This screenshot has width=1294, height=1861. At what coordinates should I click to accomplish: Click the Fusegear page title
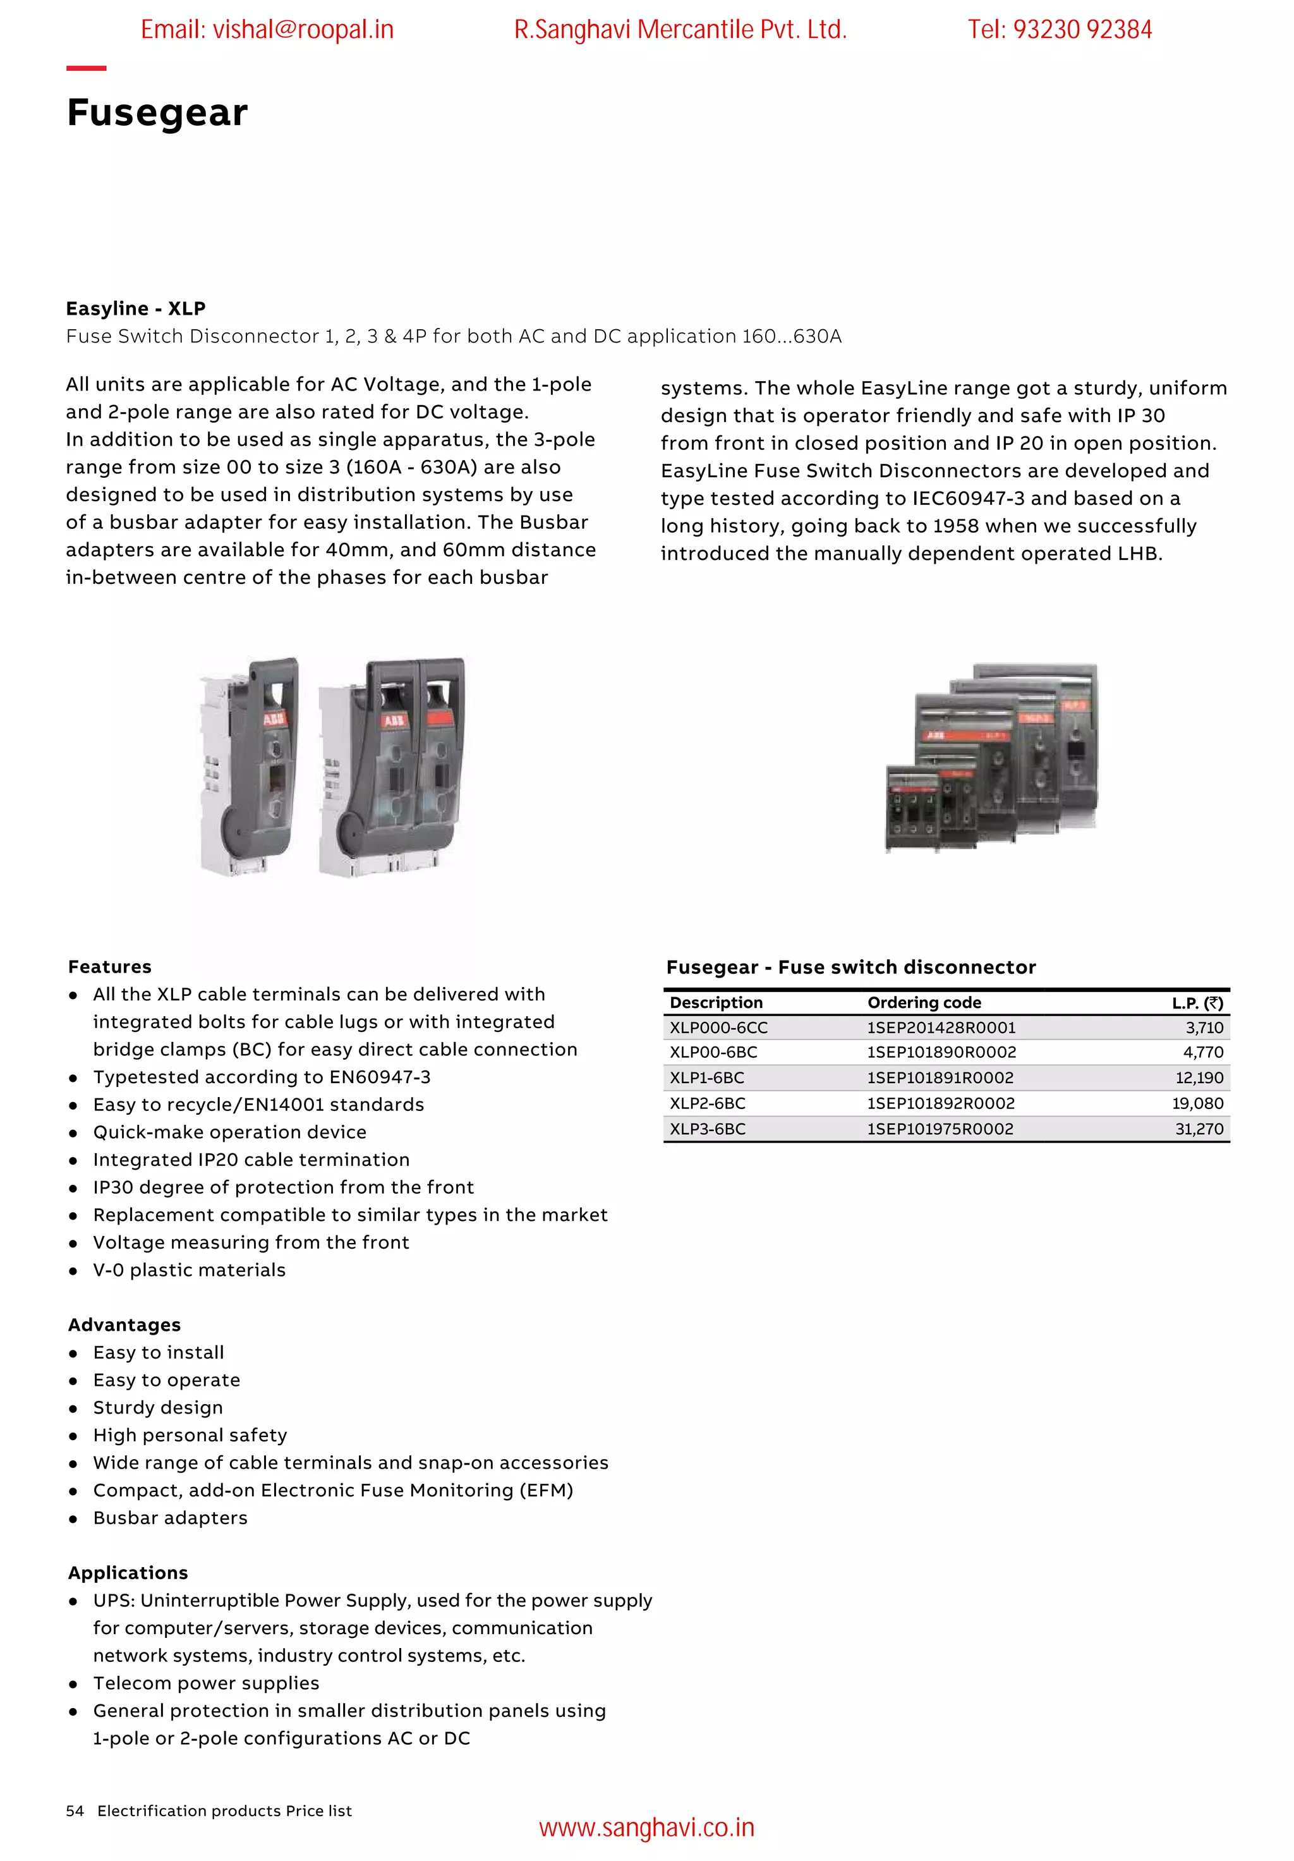click(x=157, y=112)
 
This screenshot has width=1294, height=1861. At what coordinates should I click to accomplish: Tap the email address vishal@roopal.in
click(x=267, y=30)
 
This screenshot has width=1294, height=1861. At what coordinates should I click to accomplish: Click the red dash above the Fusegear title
click(x=86, y=68)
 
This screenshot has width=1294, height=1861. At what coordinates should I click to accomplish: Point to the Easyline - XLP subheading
click(x=135, y=309)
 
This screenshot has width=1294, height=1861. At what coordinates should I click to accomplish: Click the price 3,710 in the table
click(x=1203, y=1027)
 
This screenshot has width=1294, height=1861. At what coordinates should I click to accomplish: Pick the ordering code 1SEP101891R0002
click(x=940, y=1078)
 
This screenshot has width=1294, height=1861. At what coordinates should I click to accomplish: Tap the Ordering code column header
click(x=924, y=1003)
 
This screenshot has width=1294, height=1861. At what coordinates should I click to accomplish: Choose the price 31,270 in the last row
click(x=1199, y=1129)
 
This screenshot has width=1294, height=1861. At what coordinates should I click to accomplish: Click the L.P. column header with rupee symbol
click(x=1197, y=1003)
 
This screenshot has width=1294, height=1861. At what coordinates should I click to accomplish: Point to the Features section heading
click(x=109, y=967)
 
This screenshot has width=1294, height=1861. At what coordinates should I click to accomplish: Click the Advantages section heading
click(x=124, y=1325)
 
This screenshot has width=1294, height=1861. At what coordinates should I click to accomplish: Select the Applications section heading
click(x=128, y=1573)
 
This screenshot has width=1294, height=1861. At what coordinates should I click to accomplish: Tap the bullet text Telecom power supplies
click(x=206, y=1683)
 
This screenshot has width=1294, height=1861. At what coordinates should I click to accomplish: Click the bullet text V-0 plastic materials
click(x=189, y=1270)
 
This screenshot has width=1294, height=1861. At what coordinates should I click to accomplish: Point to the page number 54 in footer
click(x=75, y=1810)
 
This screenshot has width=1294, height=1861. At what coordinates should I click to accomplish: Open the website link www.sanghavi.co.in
click(x=646, y=1829)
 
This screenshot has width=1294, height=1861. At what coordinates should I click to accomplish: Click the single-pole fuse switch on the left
click(x=250, y=766)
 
